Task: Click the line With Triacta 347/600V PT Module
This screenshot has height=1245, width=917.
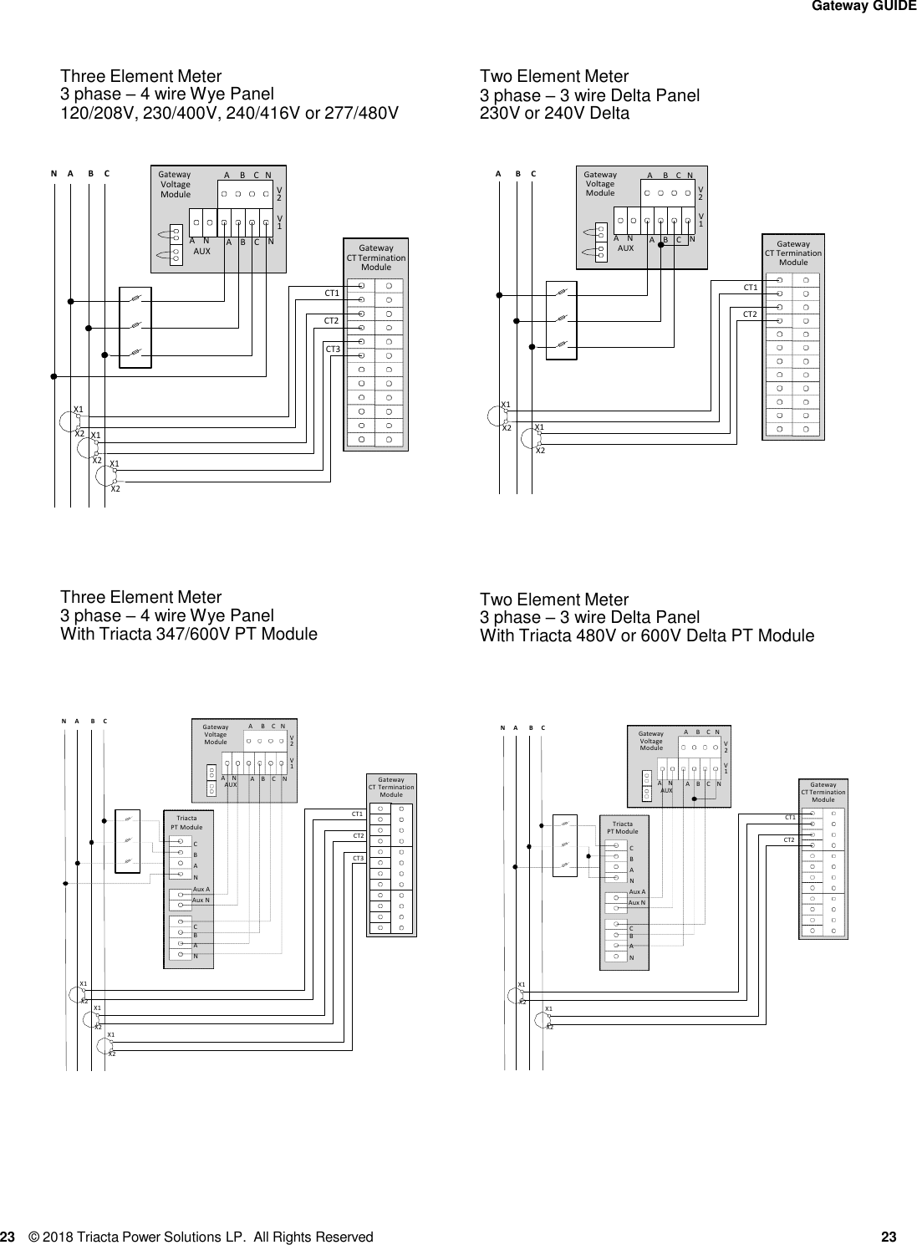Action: pos(189,634)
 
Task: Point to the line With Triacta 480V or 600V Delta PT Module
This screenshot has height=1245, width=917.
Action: pos(646,636)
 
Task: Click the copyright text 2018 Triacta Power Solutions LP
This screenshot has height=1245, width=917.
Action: pos(201,1237)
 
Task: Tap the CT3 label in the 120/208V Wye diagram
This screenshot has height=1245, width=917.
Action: pos(332,349)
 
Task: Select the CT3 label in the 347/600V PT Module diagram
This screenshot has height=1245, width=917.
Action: pos(358,859)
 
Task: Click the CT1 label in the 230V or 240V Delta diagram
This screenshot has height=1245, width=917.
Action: pos(750,288)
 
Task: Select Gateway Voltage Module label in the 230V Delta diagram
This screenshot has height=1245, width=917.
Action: pos(599,184)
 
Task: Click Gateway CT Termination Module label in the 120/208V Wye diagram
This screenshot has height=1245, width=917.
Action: pos(376,258)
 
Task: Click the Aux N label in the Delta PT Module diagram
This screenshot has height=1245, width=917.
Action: pos(637,903)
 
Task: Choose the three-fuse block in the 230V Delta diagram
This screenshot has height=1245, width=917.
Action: pos(562,319)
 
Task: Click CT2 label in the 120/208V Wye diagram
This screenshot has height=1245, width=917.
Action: pos(331,320)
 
